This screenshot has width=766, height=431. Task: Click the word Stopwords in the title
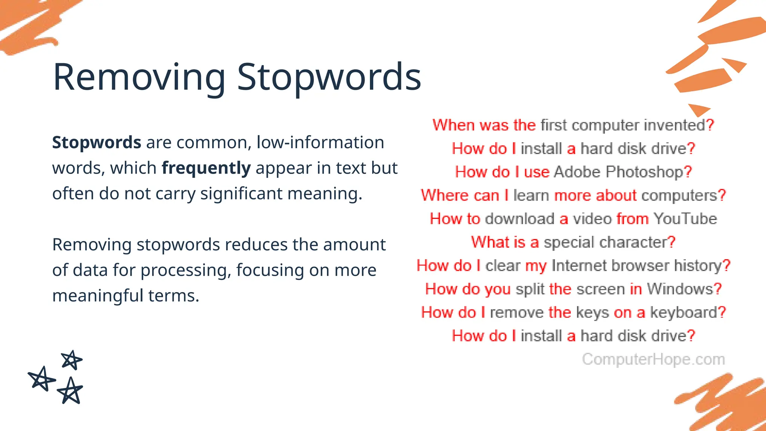pos(329,77)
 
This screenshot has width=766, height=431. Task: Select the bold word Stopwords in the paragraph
pos(96,143)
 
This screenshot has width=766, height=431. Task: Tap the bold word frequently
pos(206,168)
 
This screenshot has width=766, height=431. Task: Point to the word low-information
pos(320,143)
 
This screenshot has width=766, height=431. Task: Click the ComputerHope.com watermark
pos(653,359)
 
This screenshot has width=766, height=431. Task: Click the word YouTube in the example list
pos(685,219)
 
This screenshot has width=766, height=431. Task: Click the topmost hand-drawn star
pos(71,360)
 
